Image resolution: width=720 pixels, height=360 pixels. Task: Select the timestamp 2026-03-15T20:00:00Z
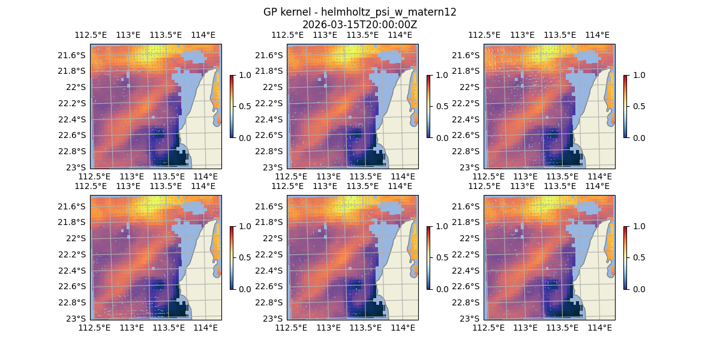click(x=360, y=25)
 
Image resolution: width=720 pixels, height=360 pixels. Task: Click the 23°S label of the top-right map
click(x=473, y=167)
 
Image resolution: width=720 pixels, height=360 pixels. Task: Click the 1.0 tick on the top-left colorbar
click(x=244, y=75)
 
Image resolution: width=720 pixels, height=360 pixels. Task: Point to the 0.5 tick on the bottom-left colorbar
click(x=244, y=257)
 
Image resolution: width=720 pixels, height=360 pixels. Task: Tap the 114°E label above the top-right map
click(x=597, y=35)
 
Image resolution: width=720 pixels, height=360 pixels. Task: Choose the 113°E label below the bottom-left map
click(x=131, y=328)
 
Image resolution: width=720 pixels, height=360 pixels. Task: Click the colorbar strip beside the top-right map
click(x=625, y=106)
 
